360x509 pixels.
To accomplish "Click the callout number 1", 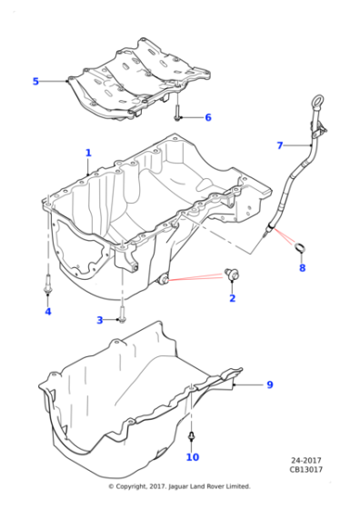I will [88, 153].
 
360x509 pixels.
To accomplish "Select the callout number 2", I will [232, 298].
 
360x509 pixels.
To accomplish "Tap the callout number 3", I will [100, 320].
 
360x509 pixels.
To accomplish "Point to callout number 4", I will [48, 312].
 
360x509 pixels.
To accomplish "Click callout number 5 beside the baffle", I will [36, 82].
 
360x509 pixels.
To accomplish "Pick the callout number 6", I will [207, 117].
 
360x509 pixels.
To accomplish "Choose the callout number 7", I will [280, 145].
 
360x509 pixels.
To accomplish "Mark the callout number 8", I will [303, 268].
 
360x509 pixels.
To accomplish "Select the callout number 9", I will [269, 385].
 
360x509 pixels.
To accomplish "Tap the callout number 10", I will [193, 457].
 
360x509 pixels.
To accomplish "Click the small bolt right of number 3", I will [121, 319].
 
